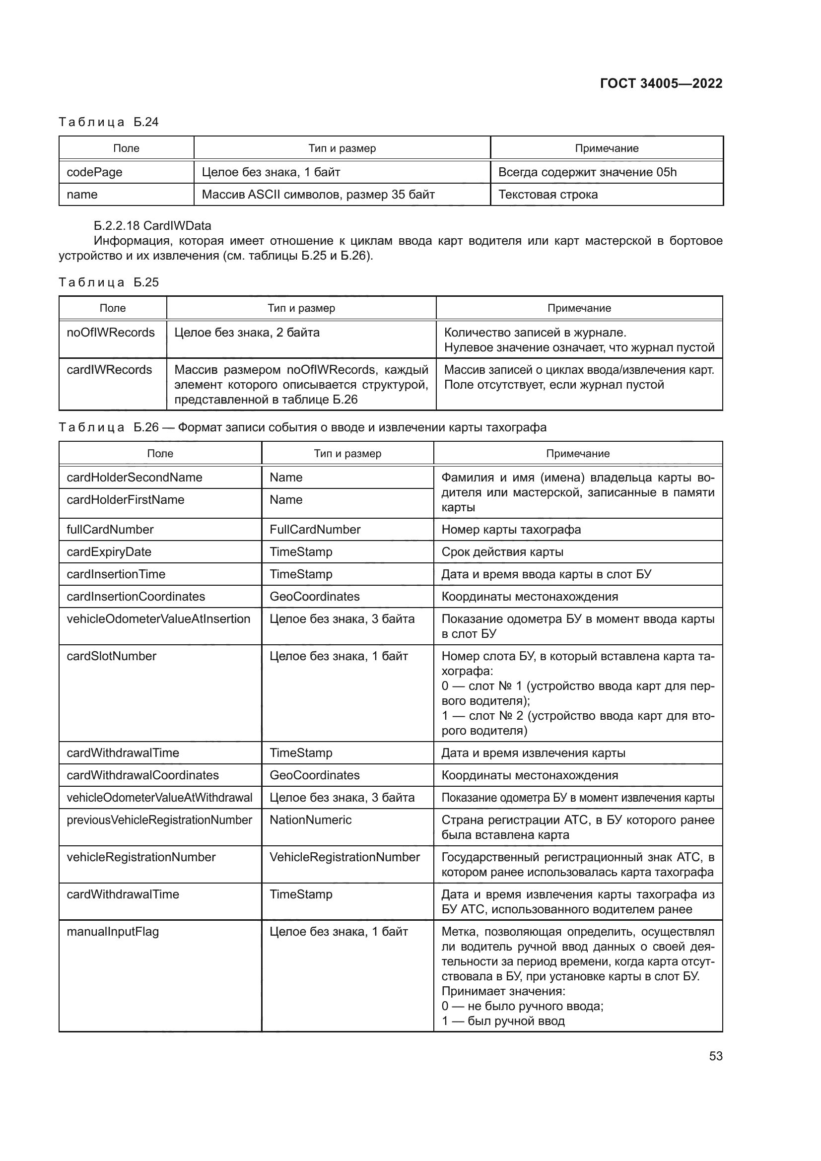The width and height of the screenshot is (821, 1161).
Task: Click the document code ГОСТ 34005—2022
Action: [x=661, y=83]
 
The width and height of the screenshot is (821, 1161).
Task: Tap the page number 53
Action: [x=715, y=1056]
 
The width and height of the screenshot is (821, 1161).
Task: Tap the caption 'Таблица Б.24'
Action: [x=109, y=122]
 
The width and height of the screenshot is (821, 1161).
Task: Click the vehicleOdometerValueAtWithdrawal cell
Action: [x=160, y=798]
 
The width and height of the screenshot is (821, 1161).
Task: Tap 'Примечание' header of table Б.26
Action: [x=577, y=454]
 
